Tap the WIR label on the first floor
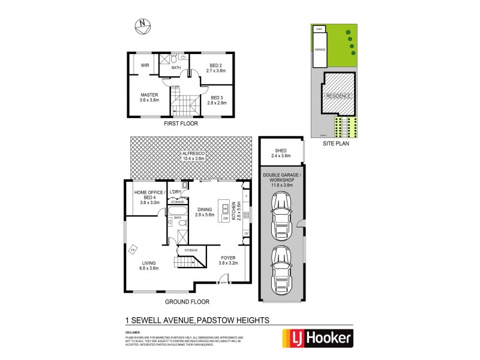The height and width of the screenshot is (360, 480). coord(145,65)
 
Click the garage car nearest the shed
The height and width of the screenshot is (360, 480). coord(281,218)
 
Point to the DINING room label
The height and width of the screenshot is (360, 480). coord(205,211)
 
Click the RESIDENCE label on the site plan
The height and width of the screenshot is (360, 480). coord(339,96)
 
